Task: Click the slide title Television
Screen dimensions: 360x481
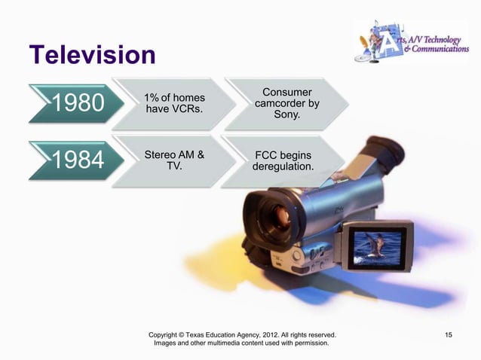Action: pyautogui.click(x=92, y=55)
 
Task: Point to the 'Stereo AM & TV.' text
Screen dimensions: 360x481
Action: pyautogui.click(x=174, y=160)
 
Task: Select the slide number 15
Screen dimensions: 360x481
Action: pyautogui.click(x=449, y=334)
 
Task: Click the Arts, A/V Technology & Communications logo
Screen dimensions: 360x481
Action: pyautogui.click(x=411, y=41)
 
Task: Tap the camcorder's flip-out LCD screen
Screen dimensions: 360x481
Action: pyautogui.click(x=375, y=246)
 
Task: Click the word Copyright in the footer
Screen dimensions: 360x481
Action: pyautogui.click(x=167, y=334)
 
